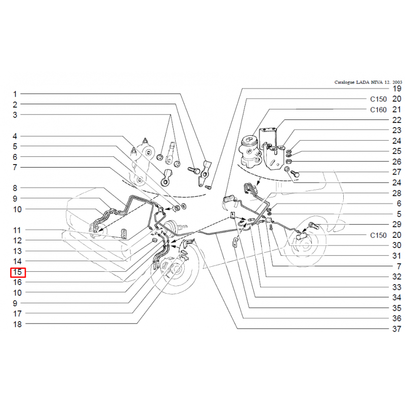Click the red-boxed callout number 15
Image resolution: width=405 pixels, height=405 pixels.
click(x=18, y=272)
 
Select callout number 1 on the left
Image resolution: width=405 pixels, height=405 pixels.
click(x=15, y=94)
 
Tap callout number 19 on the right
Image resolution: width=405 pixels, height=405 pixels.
click(x=397, y=89)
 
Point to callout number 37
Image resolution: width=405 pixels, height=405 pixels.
click(x=397, y=329)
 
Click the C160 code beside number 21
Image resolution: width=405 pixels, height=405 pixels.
click(x=378, y=110)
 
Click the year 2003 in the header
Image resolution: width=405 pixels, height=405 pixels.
click(x=397, y=82)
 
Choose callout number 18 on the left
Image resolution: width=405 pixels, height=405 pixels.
click(x=18, y=324)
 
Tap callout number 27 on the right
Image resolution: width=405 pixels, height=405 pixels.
click(x=397, y=172)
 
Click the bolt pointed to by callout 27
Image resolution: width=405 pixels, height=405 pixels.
click(x=295, y=174)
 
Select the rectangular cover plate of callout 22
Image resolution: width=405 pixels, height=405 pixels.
click(x=268, y=138)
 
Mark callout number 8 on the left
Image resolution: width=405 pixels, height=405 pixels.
click(x=15, y=188)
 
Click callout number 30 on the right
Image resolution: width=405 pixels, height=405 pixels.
click(x=397, y=245)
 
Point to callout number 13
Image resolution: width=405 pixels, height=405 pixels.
click(x=18, y=251)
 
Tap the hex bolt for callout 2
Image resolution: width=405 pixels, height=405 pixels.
click(x=194, y=170)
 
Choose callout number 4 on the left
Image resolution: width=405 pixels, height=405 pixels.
click(x=15, y=136)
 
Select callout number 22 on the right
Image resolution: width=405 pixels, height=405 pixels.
click(x=397, y=120)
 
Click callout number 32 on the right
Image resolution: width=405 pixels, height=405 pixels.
click(x=397, y=276)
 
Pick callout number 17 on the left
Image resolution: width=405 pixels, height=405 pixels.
click(x=18, y=313)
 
